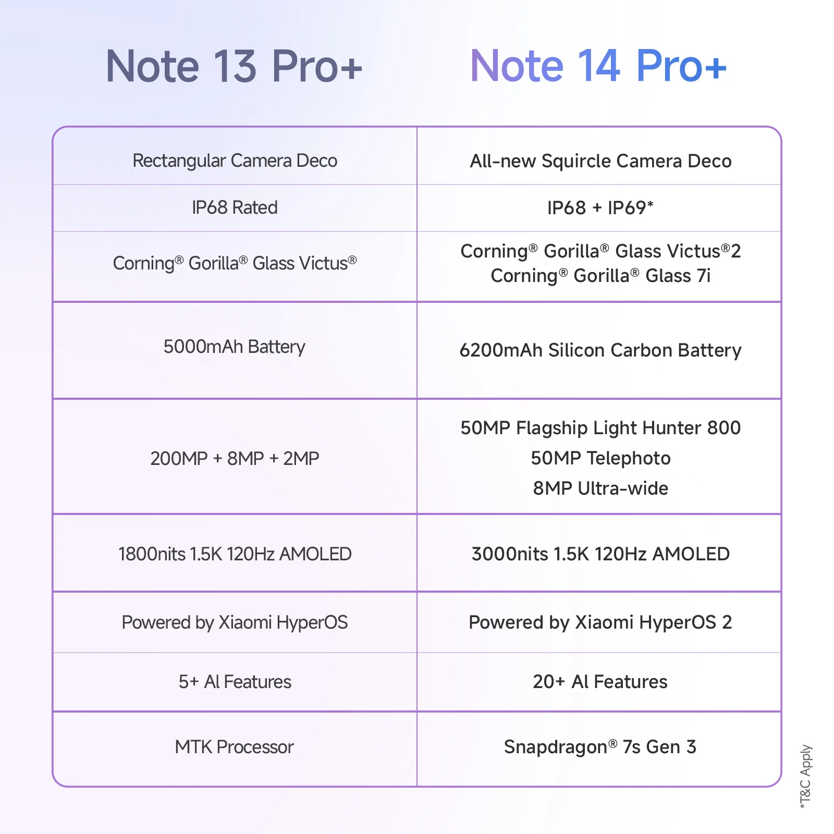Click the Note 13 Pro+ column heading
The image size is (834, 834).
click(234, 66)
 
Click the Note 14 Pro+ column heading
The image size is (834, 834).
click(598, 66)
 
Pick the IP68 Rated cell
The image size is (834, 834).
click(235, 207)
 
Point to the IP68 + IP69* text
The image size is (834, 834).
click(600, 207)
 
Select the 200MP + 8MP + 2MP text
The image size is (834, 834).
click(235, 458)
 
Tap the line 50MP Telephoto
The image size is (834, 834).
click(600, 458)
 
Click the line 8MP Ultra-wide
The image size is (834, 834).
click(600, 488)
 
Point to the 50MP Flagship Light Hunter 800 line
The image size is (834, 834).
click(600, 428)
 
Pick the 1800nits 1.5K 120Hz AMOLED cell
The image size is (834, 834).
click(235, 554)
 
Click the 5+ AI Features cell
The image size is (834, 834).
click(235, 682)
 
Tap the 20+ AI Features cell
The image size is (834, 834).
click(600, 682)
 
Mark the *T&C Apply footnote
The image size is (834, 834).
click(806, 776)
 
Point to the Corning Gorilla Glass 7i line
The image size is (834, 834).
click(600, 276)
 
